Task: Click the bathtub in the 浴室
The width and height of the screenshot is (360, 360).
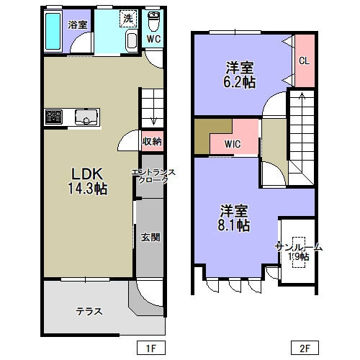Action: pyautogui.click(x=53, y=31)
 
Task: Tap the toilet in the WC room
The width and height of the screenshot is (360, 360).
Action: pyautogui.click(x=153, y=21)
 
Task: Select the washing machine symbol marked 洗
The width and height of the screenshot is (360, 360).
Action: pyautogui.click(x=128, y=19)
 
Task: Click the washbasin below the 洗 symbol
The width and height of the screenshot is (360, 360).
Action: pyautogui.click(x=132, y=40)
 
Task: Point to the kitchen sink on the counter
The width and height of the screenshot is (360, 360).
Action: pyautogui.click(x=86, y=117)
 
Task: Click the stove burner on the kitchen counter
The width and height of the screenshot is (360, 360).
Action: pyautogui.click(x=54, y=117)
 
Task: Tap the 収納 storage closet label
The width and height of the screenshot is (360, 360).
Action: pyautogui.click(x=152, y=142)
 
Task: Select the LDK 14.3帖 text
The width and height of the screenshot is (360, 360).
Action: pyautogui.click(x=88, y=181)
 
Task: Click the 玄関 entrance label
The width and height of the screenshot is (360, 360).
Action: pyautogui.click(x=150, y=238)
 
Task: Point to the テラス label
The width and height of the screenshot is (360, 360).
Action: pyautogui.click(x=89, y=312)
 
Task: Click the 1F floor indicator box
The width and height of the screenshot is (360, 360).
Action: pyautogui.click(x=151, y=348)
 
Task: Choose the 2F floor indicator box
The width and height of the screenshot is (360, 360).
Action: pyautogui.click(x=305, y=348)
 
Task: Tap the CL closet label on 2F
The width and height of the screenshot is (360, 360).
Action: pyautogui.click(x=304, y=60)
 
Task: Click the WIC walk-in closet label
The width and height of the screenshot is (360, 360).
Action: pyautogui.click(x=233, y=144)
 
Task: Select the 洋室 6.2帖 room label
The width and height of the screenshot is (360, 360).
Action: pyautogui.click(x=239, y=75)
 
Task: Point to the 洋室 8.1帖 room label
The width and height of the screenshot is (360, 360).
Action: pyautogui.click(x=234, y=217)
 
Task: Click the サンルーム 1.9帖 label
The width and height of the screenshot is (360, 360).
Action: pyautogui.click(x=299, y=252)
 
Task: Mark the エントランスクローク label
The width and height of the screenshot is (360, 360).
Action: pyautogui.click(x=153, y=176)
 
